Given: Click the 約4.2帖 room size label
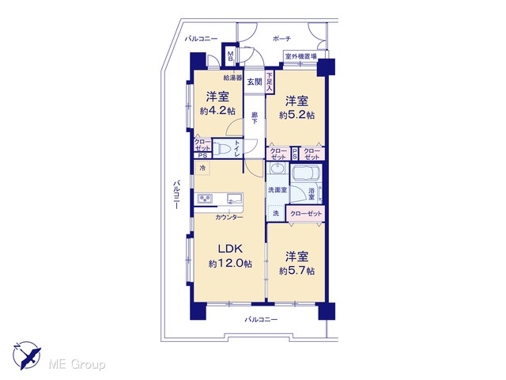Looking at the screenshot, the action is tap(217, 111).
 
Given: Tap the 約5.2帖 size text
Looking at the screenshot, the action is tap(296, 115).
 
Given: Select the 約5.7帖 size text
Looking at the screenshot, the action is tap(296, 271).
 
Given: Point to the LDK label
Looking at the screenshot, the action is tap(230, 249).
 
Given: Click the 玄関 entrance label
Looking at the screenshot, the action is tap(255, 82).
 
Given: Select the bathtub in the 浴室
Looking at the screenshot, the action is tap(305, 176).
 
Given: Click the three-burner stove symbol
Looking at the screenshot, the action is tap(205, 198).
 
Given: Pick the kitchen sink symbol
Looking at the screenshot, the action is tap(235, 198).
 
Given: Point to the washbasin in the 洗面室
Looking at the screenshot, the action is tap(278, 169).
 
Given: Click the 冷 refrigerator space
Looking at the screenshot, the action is tap(202, 168).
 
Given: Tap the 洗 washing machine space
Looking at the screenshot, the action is tap(276, 213).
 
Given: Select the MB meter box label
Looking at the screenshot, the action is tap(230, 56).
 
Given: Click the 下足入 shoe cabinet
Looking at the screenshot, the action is tap(270, 82).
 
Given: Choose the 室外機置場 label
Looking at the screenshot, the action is tap(300, 56).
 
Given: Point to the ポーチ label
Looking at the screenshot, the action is tap(281, 39).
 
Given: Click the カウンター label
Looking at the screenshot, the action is tap(229, 217).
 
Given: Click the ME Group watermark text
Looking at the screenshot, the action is tap(77, 364).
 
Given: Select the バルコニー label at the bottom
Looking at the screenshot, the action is tap(261, 320).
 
